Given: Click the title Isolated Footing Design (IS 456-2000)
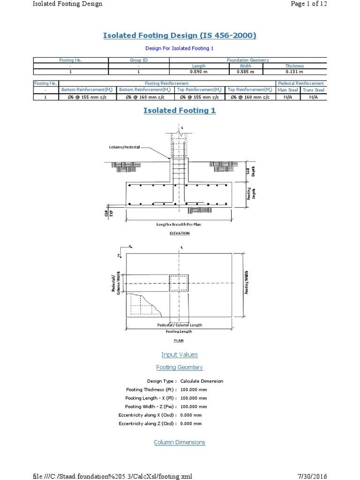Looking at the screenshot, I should click(180, 36).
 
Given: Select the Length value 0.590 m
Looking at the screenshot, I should click(199, 72).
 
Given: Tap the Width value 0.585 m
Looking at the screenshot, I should click(246, 72).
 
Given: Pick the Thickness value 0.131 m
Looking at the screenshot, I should click(294, 72).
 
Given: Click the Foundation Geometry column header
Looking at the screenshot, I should click(247, 60).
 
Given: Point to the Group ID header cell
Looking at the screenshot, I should click(138, 60).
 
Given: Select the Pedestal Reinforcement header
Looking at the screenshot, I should click(300, 83).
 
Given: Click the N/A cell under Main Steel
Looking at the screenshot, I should click(287, 97).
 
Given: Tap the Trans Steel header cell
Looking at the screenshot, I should click(313, 90).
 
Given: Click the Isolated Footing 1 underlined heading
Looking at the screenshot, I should click(180, 111).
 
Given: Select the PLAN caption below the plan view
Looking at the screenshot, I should click(179, 341).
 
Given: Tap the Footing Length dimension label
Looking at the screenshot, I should click(179, 331).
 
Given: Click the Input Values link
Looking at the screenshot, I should click(180, 355).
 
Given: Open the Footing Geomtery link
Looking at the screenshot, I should click(180, 367).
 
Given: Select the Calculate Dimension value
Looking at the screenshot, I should click(202, 381).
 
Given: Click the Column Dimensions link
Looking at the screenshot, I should click(180, 442).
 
